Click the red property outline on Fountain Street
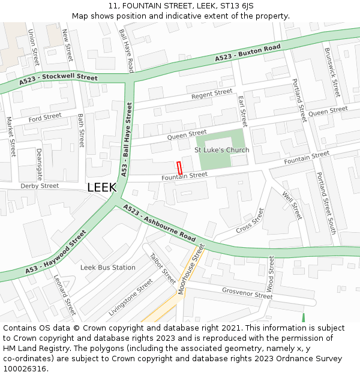[x=179, y=168]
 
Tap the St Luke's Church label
[x=222, y=150]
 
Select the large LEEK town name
[x=102, y=187]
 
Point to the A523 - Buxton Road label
[x=248, y=53]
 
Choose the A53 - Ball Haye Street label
[x=126, y=138]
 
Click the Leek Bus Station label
[x=108, y=268]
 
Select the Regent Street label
[x=211, y=94]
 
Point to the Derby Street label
[x=40, y=186]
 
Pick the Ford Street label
[x=45, y=117]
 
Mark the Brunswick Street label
[x=332, y=73]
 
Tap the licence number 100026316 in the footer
[x=25, y=368]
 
